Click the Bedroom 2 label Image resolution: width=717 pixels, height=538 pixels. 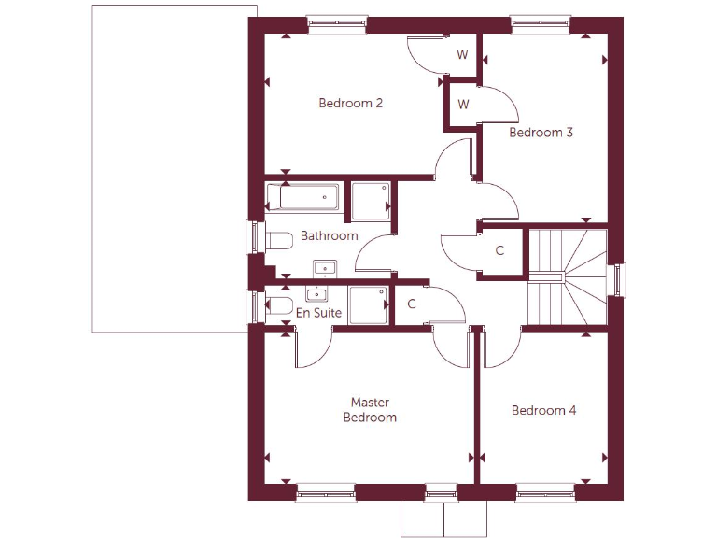[350, 103]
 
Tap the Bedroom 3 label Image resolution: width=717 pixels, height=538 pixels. [541, 133]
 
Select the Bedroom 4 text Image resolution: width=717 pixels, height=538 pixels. [543, 410]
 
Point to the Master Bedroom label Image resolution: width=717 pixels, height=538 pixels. [370, 410]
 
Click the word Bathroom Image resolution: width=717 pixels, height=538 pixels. [329, 236]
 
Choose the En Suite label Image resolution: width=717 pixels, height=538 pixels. [319, 313]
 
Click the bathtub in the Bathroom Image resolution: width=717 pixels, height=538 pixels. [302, 197]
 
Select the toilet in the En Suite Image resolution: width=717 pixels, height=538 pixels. [277, 305]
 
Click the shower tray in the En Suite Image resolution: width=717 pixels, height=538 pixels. [369, 305]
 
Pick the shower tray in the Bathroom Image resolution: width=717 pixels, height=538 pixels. [370, 201]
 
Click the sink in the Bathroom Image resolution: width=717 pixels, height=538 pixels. [324, 269]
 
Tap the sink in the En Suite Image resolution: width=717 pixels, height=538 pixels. [324, 292]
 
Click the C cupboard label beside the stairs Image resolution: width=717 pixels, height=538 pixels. [499, 250]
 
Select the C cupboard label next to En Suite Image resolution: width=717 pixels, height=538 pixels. [412, 304]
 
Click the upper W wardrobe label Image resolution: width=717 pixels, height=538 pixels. [462, 54]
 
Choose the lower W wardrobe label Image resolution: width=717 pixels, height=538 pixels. [462, 104]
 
